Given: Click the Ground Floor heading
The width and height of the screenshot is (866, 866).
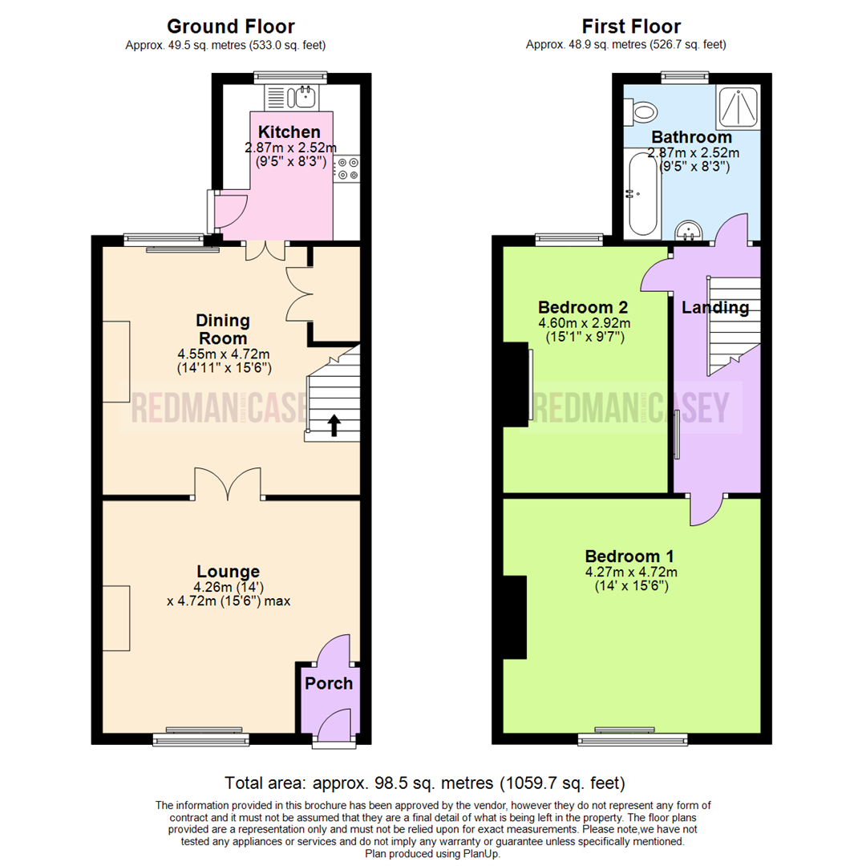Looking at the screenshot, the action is click(231, 26).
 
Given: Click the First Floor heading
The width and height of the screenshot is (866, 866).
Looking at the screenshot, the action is click(631, 26).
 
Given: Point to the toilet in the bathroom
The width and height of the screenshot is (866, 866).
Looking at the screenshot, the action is click(640, 113).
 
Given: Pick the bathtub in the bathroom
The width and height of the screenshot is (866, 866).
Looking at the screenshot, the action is click(643, 194).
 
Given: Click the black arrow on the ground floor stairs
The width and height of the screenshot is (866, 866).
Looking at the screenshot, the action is click(334, 426).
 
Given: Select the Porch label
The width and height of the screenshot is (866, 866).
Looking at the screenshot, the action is click(329, 683).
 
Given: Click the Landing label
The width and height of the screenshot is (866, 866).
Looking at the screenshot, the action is click(715, 307).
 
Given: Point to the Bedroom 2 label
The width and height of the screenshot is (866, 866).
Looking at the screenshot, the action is click(583, 307).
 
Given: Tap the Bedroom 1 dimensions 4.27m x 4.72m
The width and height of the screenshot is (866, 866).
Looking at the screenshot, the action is click(631, 572).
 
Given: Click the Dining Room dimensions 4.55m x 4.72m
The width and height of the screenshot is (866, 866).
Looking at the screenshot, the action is click(224, 354).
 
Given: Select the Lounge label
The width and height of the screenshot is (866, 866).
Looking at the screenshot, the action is click(228, 571).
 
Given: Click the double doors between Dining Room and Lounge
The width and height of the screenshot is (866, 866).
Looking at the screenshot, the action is click(228, 484).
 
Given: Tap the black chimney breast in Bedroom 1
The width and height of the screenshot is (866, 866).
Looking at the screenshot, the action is click(515, 617).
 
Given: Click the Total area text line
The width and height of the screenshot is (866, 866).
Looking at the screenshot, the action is click(425, 783).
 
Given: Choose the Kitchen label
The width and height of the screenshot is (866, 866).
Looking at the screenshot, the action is click(289, 132).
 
